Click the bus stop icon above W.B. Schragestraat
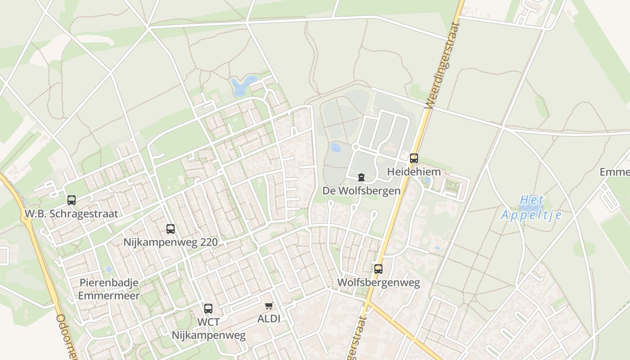72,200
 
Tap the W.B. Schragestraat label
71,214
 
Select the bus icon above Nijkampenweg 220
171,229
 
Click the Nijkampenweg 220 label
171,243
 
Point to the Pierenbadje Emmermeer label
109,289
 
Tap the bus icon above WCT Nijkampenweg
208,309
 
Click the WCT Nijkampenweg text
209,329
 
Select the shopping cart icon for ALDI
269,306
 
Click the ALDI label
269,319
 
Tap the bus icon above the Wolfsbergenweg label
378,269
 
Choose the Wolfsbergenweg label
378,283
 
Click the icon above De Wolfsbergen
361,177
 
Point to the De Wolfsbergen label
361,191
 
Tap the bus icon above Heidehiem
414,158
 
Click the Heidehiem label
414,172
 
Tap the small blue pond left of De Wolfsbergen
336,147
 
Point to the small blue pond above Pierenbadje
108,270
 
